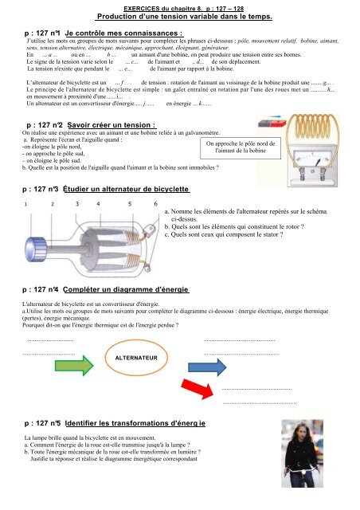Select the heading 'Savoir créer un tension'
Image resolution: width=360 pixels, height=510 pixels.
(x=112, y=125)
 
